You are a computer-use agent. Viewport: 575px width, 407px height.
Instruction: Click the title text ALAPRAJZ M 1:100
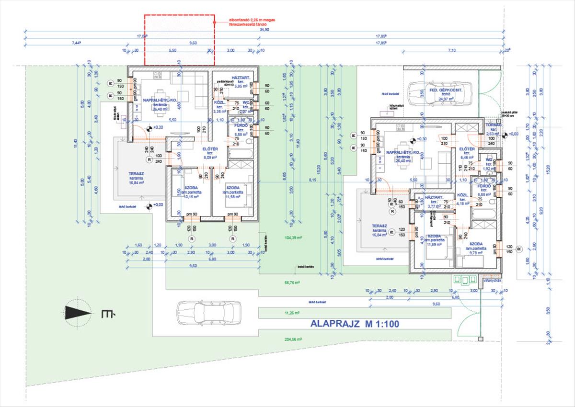355,324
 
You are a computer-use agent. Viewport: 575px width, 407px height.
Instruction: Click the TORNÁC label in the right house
493,125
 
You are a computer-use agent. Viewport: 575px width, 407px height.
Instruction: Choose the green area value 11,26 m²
291,313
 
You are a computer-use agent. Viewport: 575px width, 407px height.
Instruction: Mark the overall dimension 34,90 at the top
264,30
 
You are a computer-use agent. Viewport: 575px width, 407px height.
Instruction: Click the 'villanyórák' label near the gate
491,281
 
